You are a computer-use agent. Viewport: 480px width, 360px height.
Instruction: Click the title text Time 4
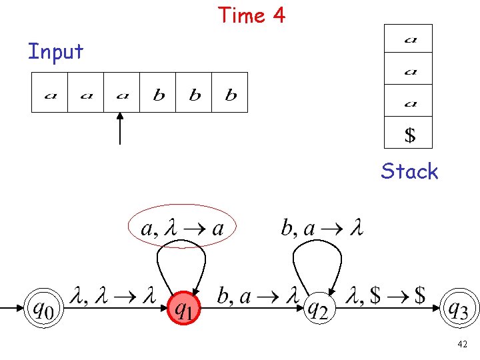click(x=251, y=15)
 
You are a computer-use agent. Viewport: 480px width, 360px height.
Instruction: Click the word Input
click(x=55, y=51)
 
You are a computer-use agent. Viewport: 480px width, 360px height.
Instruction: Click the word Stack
click(x=409, y=171)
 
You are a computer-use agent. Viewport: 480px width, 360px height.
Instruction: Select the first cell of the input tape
click(x=50, y=93)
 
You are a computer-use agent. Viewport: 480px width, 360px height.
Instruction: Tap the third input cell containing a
click(x=122, y=93)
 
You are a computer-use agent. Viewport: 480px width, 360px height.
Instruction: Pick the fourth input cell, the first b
click(x=158, y=93)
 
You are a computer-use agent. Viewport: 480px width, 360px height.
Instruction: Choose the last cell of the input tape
click(x=230, y=93)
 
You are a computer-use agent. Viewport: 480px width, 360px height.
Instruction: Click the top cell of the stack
click(x=409, y=39)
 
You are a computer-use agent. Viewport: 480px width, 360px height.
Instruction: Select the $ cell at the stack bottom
click(x=409, y=134)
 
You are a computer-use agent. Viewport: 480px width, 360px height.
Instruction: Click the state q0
click(x=41, y=309)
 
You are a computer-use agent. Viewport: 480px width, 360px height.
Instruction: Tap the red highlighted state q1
click(x=185, y=309)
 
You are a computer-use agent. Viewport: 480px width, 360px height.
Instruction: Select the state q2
click(x=319, y=309)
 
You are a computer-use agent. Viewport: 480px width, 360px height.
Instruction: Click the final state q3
click(x=461, y=309)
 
